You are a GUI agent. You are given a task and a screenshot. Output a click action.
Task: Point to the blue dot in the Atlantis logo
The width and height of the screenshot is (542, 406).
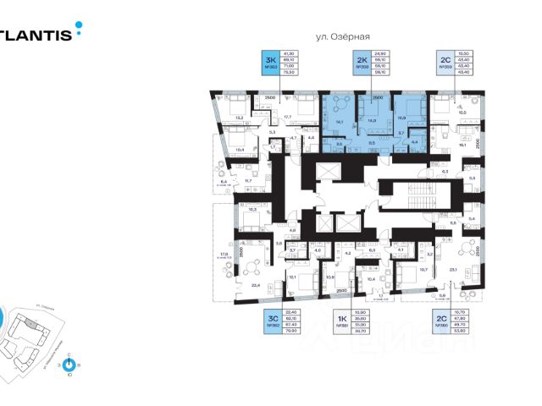click(80, 25)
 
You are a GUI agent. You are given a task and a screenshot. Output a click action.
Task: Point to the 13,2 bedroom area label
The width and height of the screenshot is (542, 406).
click(239, 117)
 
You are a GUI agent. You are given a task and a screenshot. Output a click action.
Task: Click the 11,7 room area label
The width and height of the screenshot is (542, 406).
click(248, 180)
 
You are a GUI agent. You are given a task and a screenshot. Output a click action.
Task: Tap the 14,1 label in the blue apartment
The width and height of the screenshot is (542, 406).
click(338, 122)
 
